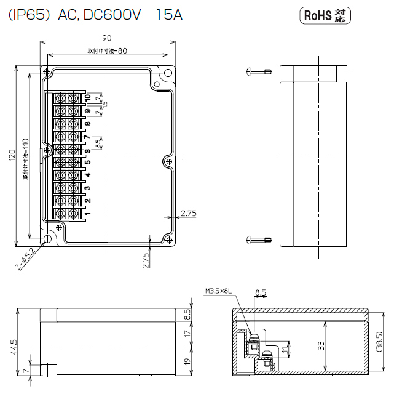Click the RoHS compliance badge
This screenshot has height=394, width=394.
pyautogui.click(x=325, y=15)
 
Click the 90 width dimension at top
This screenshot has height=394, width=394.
pyautogui.click(x=107, y=38)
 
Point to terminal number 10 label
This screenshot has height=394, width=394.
pyautogui.click(x=87, y=98)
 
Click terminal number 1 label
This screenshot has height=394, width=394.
pyautogui.click(x=87, y=214)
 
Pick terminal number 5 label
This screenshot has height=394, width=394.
pyautogui.click(x=87, y=163)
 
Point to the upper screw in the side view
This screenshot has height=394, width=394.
pyautogui.click(x=258, y=71)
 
